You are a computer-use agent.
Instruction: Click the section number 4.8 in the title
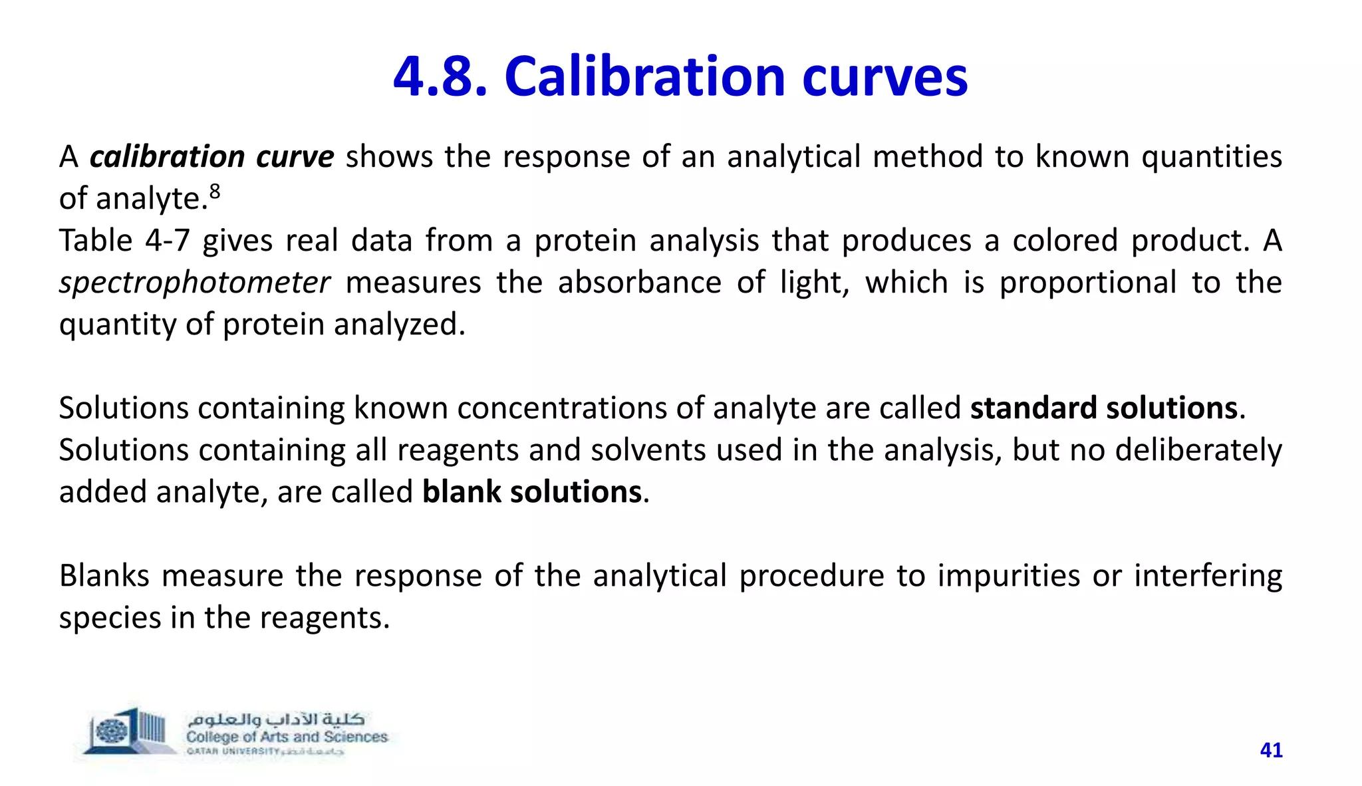440,77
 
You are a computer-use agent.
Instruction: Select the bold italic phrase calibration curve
211,157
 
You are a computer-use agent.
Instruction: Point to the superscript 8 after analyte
214,192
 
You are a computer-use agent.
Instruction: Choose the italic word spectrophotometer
194,283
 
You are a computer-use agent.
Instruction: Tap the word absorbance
639,283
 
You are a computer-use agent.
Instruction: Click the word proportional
1088,283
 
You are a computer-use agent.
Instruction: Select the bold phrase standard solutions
1103,408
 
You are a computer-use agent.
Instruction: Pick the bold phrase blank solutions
531,492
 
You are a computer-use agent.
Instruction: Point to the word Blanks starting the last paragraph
104,576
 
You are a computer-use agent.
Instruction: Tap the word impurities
1008,576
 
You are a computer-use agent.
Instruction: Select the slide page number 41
1271,750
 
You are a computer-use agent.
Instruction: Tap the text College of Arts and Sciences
287,737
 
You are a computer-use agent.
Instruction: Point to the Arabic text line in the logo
276,719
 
